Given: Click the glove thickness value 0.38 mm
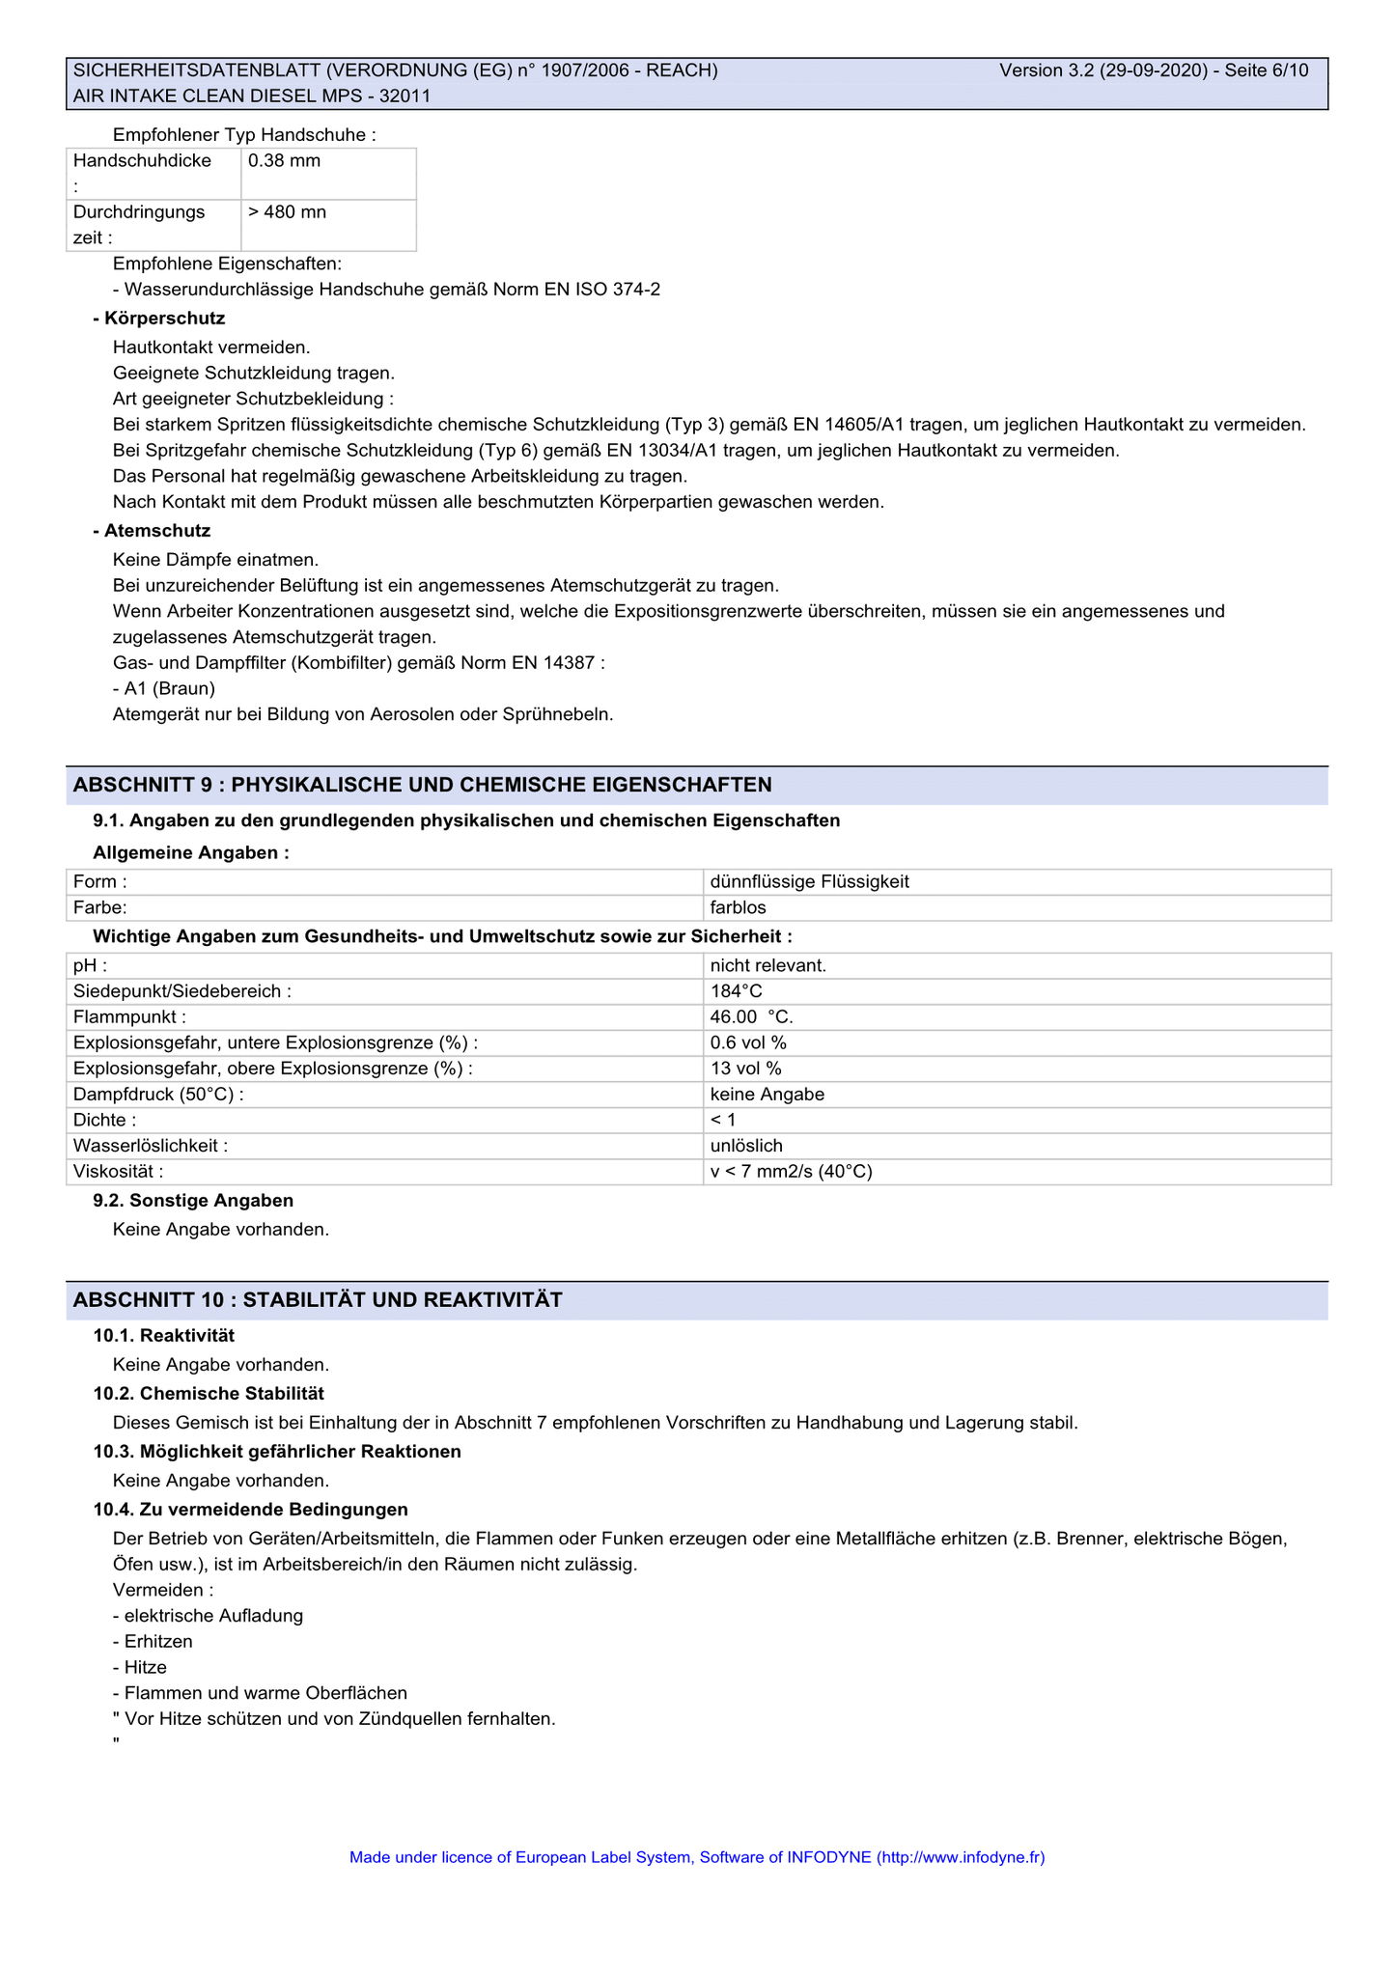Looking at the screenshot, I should tap(285, 161).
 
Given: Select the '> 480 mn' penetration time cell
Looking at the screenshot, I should tap(288, 212).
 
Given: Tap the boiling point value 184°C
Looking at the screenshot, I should tap(737, 991).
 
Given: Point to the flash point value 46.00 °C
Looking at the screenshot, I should tap(751, 1017).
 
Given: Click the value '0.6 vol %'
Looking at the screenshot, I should tap(748, 1042).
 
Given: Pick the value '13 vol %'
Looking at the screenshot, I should tap(745, 1069).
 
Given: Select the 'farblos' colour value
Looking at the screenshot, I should tap(738, 908).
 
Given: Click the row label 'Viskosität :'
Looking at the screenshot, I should tap(118, 1172).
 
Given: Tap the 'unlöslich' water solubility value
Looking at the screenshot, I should tap(746, 1146).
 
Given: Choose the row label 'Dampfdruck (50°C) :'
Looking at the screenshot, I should tap(158, 1095).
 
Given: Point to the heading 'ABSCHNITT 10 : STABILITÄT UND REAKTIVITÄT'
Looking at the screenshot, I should tap(318, 1300).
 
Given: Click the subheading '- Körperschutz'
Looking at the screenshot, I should tap(159, 319).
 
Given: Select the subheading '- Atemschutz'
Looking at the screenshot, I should tap(152, 531).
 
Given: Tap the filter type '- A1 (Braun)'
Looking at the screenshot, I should tap(164, 689).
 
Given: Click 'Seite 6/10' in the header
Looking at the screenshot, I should tap(1267, 70).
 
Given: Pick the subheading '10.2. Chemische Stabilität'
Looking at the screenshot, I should tap(209, 1394).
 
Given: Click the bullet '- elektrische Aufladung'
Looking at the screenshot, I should tap(208, 1616).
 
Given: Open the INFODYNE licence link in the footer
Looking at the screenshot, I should tap(697, 1857).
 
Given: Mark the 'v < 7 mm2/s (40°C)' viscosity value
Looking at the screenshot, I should tap(791, 1172).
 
